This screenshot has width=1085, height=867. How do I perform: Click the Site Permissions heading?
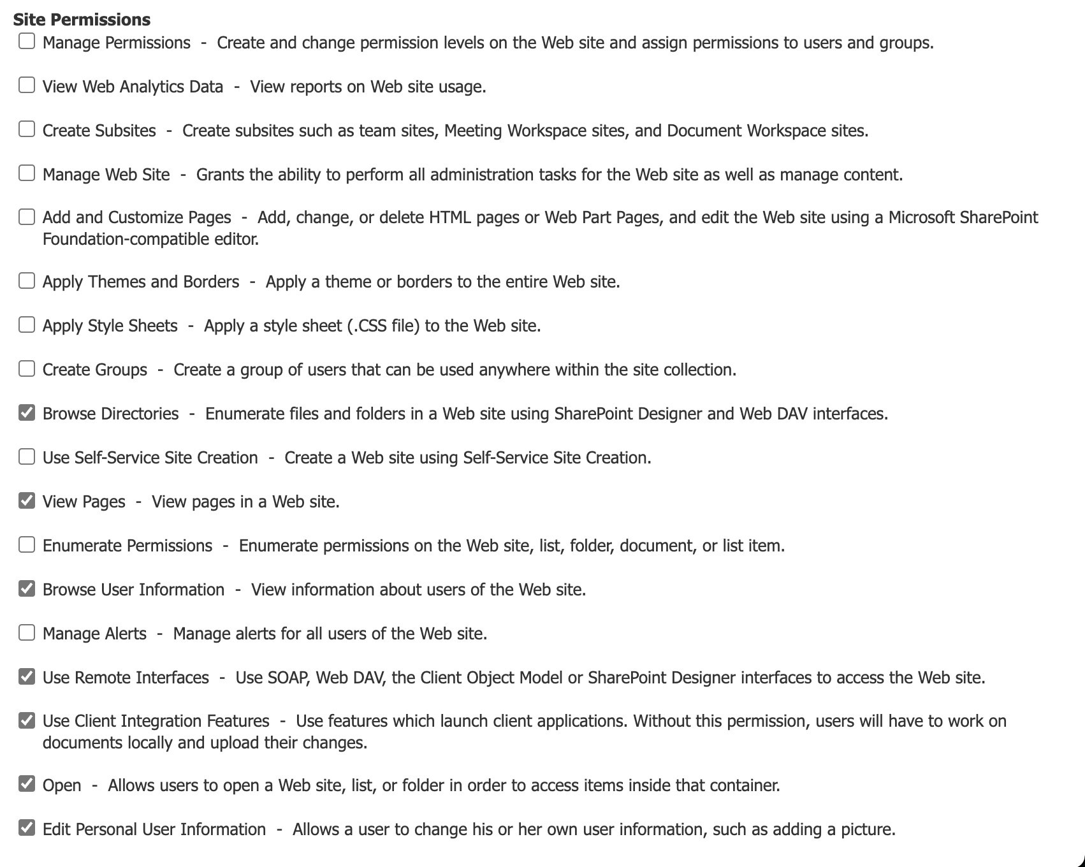[x=82, y=20]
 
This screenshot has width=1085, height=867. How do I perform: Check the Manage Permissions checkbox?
[x=27, y=41]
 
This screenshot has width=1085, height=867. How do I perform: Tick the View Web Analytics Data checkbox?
[x=27, y=85]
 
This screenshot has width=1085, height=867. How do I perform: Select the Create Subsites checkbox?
[x=27, y=129]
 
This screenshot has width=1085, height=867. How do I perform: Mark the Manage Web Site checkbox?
[x=27, y=173]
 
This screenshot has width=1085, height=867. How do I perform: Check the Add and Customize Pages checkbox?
[x=27, y=217]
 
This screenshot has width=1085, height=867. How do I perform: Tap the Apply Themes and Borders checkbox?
[x=27, y=281]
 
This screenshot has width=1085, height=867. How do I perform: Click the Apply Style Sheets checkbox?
[x=27, y=325]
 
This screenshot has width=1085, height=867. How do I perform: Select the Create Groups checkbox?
[x=27, y=369]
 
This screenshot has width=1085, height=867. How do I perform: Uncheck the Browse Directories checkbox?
[x=27, y=413]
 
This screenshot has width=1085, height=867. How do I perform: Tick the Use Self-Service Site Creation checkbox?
[x=27, y=457]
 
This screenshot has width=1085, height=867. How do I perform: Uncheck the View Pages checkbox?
[x=27, y=501]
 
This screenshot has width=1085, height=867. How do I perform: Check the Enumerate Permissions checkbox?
[x=27, y=545]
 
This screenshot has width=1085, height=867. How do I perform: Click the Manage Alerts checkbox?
[x=27, y=633]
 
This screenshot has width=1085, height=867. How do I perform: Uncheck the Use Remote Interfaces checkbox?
[x=27, y=677]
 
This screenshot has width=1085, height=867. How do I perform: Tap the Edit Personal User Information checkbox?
[x=27, y=829]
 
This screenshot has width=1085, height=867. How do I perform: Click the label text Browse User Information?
[x=133, y=590]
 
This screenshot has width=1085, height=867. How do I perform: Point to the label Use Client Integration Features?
[x=156, y=721]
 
